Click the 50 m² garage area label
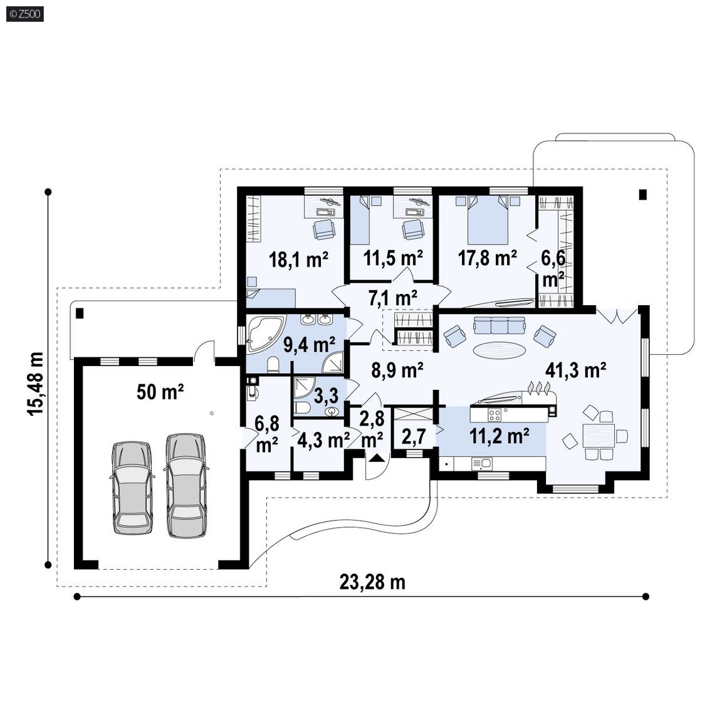[160, 392]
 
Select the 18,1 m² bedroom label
[298, 259]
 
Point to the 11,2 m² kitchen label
[499, 436]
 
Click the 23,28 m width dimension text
[372, 582]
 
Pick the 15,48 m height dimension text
[36, 384]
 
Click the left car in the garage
[132, 488]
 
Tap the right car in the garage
[186, 485]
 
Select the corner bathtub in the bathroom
[266, 333]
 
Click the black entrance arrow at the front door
[377, 458]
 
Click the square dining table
[598, 436]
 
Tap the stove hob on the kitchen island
[494, 415]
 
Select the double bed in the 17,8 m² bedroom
[488, 219]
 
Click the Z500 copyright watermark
[25, 14]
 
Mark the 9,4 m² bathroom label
[310, 344]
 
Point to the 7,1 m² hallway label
[393, 298]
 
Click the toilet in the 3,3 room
[302, 408]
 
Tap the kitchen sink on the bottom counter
[481, 463]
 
